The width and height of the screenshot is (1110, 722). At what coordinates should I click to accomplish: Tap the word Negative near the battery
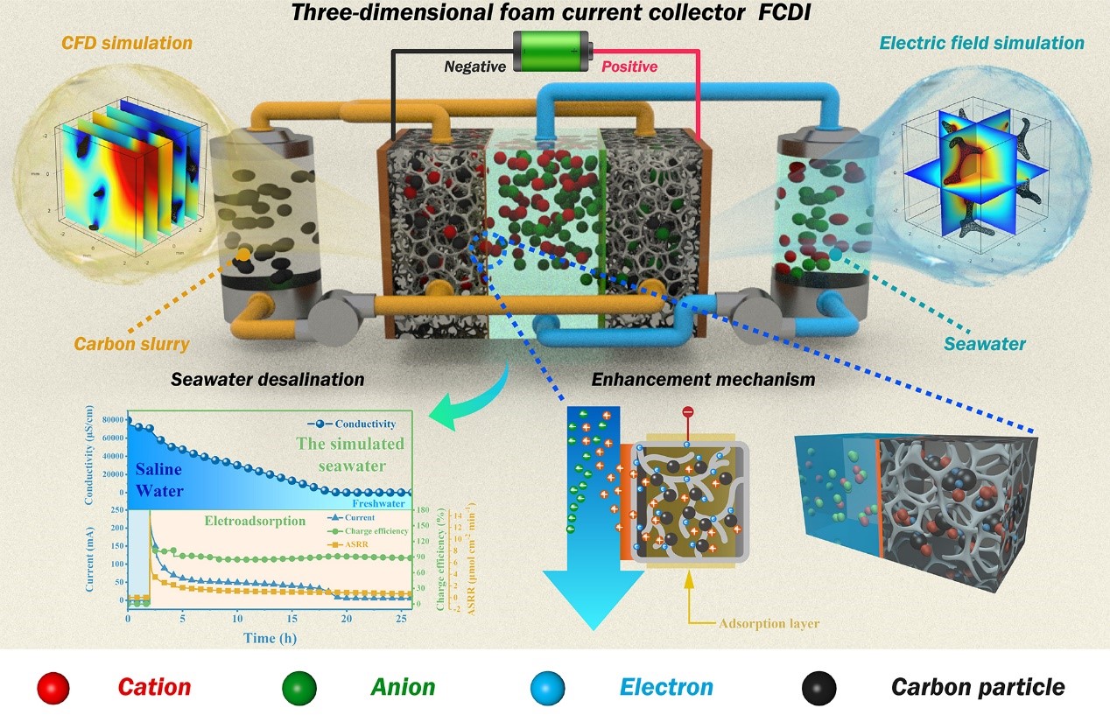pos(474,67)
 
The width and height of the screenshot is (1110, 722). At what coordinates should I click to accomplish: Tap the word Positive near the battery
pos(628,67)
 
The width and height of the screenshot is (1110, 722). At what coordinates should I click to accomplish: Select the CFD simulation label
pos(128,42)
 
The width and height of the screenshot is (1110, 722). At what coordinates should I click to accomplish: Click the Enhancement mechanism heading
pos(703,380)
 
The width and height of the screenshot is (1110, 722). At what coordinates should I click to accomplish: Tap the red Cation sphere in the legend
pos(53,688)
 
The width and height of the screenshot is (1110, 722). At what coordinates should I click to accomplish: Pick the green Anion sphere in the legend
pos(300,688)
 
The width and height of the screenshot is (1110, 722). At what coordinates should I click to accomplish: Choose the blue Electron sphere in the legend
pos(548,688)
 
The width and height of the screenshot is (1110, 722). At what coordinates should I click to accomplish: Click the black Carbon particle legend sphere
pos(818,688)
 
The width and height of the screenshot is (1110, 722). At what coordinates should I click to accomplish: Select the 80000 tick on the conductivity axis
pos(109,420)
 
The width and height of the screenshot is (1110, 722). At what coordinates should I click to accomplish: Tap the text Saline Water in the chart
pos(158,480)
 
